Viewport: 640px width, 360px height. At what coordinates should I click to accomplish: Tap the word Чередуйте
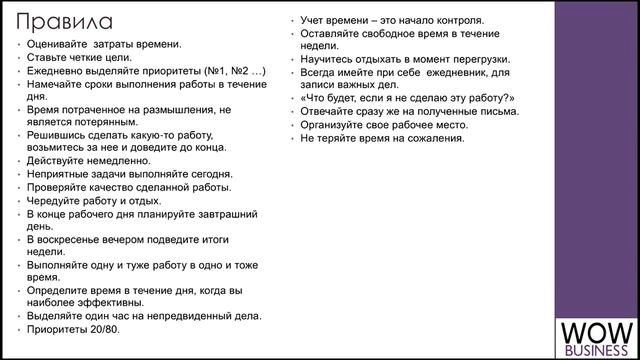(54, 200)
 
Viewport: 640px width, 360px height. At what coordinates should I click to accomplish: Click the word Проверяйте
(56, 187)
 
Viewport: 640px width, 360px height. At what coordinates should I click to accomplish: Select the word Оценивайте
(57, 44)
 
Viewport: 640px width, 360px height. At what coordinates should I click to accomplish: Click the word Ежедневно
(56, 71)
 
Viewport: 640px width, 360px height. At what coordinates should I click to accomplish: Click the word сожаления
(436, 137)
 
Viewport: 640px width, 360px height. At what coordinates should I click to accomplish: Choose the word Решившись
(56, 134)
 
